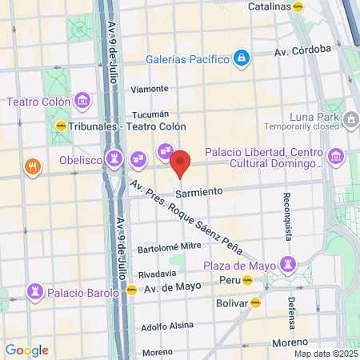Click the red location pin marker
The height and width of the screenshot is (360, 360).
click(x=180, y=163)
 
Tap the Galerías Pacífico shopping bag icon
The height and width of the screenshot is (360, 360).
click(x=241, y=58)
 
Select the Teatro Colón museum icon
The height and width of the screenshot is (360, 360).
click(x=81, y=101)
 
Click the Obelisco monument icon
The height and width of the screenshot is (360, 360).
click(x=116, y=159)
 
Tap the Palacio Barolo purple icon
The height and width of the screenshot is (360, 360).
click(x=35, y=290)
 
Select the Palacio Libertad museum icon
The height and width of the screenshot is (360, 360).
click(x=335, y=154)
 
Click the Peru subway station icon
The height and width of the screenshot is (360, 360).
click(x=248, y=281)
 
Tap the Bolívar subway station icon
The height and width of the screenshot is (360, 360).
click(x=255, y=302)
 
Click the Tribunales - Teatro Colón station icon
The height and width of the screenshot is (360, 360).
click(x=61, y=126)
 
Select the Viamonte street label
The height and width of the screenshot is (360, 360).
click(x=150, y=89)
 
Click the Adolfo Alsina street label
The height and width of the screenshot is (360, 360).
click(x=167, y=326)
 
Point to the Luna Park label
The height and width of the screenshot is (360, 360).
click(x=339, y=118)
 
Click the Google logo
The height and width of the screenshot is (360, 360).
click(x=26, y=350)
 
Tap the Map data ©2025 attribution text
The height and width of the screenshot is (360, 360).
click(x=324, y=354)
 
